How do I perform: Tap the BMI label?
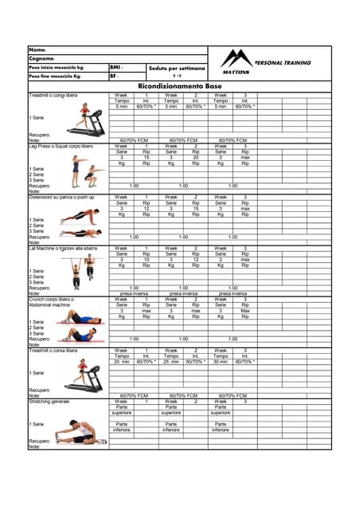pos(116,68)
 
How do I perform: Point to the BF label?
pos(115,76)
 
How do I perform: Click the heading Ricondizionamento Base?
pos(180,85)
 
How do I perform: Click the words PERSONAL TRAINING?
pos(282,62)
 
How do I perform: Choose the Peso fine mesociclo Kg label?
pos(55,76)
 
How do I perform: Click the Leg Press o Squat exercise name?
pos(61,147)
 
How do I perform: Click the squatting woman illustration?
pos(76,169)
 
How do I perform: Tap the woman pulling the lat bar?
pos(76,270)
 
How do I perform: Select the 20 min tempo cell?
pos(122,361)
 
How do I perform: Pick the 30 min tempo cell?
pos(221,361)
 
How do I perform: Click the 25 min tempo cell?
pos(171,361)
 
